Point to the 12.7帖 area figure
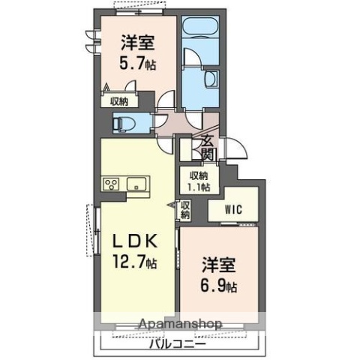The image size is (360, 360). [136, 263]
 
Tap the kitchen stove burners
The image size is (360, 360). [112, 185]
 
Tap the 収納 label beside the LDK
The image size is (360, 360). [185, 209]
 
